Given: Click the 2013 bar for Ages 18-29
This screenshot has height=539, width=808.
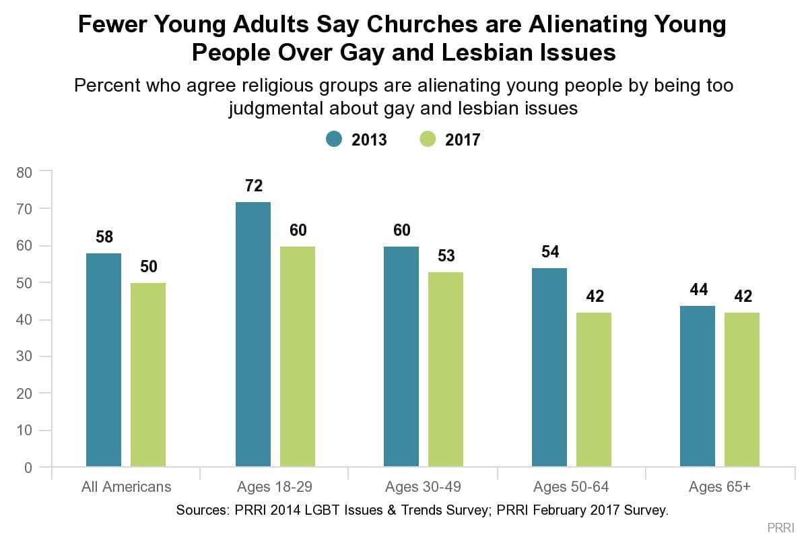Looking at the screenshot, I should pyautogui.click(x=253, y=334).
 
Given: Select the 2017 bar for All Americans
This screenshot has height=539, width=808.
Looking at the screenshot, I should pyautogui.click(x=148, y=375).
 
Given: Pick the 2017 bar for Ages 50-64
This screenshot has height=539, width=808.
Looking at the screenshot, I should pyautogui.click(x=594, y=389).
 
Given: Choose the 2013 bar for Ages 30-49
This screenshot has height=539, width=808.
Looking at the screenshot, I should pyautogui.click(x=401, y=356).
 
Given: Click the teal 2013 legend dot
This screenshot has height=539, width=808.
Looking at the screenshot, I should pyautogui.click(x=335, y=139).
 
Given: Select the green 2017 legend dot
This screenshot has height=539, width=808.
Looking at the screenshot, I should pyautogui.click(x=428, y=139).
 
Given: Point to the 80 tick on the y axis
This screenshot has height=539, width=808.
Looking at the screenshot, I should pyautogui.click(x=24, y=172).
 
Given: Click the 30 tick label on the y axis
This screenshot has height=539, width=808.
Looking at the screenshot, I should pyautogui.click(x=24, y=356).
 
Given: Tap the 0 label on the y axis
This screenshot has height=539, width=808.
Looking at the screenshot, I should pyautogui.click(x=28, y=468).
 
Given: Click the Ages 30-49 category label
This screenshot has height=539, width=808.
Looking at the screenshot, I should pyautogui.click(x=422, y=486).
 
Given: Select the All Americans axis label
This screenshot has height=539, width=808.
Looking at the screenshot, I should pyautogui.click(x=126, y=486).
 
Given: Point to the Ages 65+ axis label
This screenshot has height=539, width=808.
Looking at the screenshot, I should pyautogui.click(x=719, y=486).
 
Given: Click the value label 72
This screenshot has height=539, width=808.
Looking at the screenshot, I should pyautogui.click(x=253, y=186).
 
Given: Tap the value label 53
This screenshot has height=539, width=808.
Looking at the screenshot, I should pyautogui.click(x=446, y=256).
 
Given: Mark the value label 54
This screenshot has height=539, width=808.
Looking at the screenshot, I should pyautogui.click(x=549, y=252).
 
